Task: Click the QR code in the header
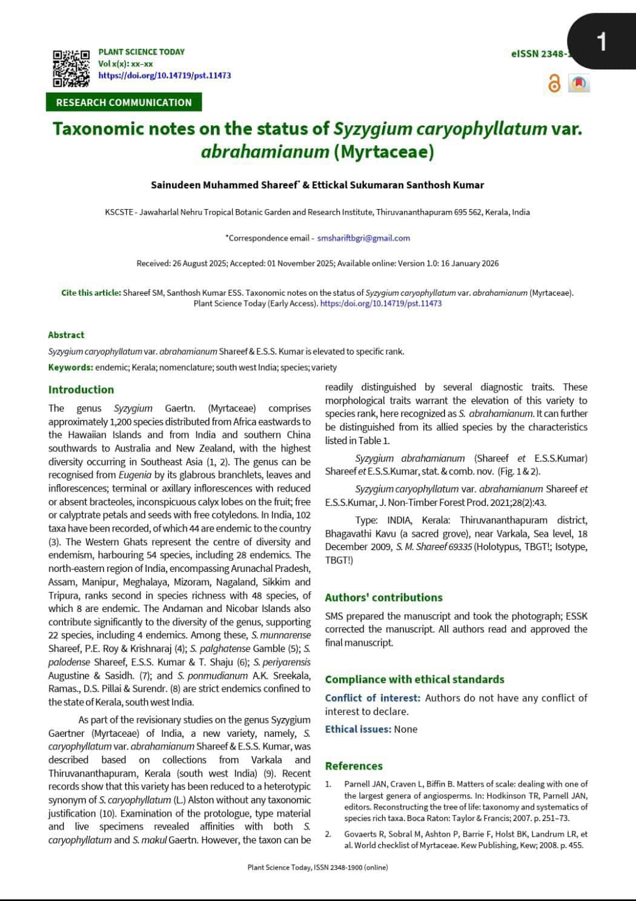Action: tap(71, 68)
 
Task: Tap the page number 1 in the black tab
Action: tap(601, 42)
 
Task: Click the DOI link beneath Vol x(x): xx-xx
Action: tap(164, 76)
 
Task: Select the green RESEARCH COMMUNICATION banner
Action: tap(124, 102)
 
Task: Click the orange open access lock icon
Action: tap(554, 84)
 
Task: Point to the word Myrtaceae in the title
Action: tap(383, 151)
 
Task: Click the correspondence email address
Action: tap(363, 238)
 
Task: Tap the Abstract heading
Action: tap(66, 335)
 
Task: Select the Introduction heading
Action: tap(81, 390)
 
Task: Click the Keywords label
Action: tap(70, 367)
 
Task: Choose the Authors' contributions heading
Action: tap(383, 597)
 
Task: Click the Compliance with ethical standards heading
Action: tap(414, 679)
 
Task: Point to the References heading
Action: tap(354, 766)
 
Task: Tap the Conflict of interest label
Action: tap(373, 698)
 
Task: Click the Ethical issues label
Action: tap(357, 730)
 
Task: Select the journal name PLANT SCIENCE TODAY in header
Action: tap(141, 52)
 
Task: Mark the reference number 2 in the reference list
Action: tap(328, 834)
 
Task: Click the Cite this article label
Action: tap(91, 293)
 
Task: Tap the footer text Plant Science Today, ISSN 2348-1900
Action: tap(317, 867)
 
